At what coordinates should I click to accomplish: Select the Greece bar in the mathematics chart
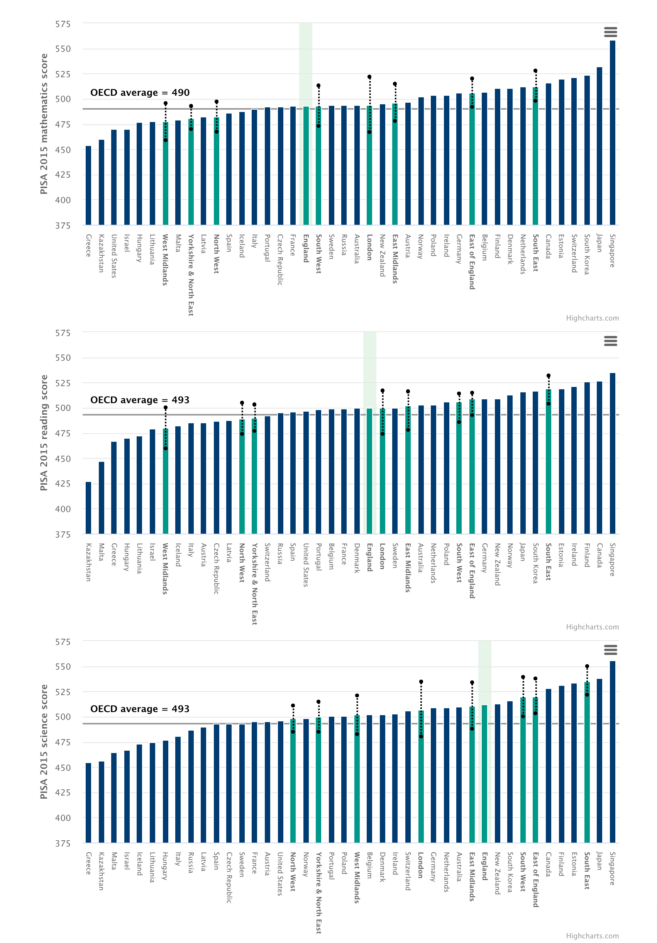click(x=88, y=185)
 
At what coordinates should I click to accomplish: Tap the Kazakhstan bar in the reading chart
click(x=88, y=508)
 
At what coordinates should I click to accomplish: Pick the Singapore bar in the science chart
click(x=612, y=751)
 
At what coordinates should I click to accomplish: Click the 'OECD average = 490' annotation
click(x=140, y=93)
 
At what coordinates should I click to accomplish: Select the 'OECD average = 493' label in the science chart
click(x=140, y=709)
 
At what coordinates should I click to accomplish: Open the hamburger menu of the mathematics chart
click(x=611, y=32)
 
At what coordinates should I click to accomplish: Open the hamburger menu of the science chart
click(x=611, y=650)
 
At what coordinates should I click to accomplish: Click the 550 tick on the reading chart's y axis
click(x=63, y=358)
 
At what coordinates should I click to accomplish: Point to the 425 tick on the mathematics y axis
click(x=63, y=175)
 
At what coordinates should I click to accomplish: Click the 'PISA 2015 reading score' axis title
click(x=44, y=432)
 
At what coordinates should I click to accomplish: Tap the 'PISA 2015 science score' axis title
click(x=44, y=741)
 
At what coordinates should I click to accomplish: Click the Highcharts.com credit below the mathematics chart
click(x=592, y=318)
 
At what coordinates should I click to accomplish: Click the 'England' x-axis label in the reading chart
click(x=369, y=557)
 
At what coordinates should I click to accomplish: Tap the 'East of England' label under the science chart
click(x=535, y=879)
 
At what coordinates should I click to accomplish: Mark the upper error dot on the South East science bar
click(x=587, y=667)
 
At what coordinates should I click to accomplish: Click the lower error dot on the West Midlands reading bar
click(x=166, y=448)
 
